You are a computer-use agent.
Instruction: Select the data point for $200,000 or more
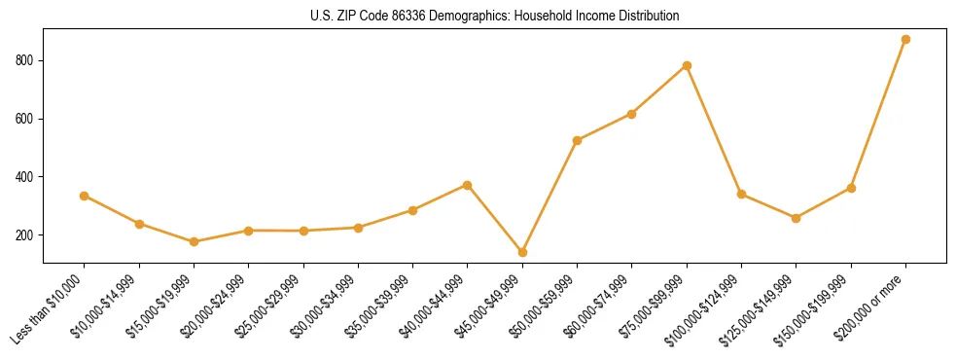pyautogui.click(x=905, y=40)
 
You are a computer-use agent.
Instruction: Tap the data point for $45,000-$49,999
pyautogui.click(x=522, y=252)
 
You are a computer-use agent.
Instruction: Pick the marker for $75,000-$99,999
pyautogui.click(x=687, y=65)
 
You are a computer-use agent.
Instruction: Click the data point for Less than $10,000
pyautogui.click(x=85, y=196)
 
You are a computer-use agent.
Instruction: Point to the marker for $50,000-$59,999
pyautogui.click(x=577, y=140)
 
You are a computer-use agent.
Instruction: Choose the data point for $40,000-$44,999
pyautogui.click(x=468, y=185)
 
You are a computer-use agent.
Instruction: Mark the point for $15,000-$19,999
pyautogui.click(x=194, y=241)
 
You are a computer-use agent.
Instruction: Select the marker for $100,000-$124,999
pyautogui.click(x=741, y=194)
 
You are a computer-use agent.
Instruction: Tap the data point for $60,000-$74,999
pyautogui.click(x=632, y=114)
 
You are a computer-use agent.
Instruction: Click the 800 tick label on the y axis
pyautogui.click(x=26, y=60)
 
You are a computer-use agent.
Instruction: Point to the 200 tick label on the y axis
pyautogui.click(x=26, y=235)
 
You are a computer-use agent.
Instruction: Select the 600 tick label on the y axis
pyautogui.click(x=26, y=119)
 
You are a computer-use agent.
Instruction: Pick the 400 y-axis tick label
pyautogui.click(x=26, y=177)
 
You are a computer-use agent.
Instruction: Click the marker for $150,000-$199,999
pyautogui.click(x=851, y=188)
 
